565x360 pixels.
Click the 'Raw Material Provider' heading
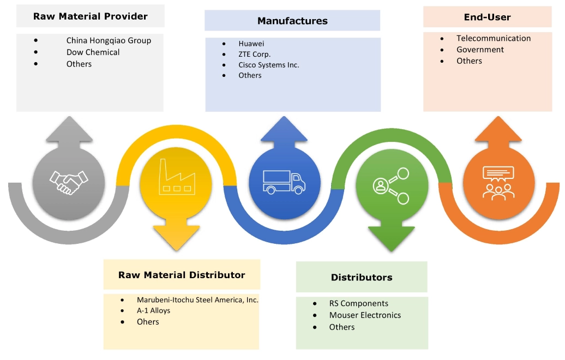point(90,16)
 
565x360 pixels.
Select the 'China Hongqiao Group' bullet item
point(109,40)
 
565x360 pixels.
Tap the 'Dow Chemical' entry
point(93,52)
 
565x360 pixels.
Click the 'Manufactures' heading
point(292,21)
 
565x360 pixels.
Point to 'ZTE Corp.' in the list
point(254,54)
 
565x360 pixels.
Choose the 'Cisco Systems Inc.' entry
point(268,64)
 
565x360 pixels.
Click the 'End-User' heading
point(487,17)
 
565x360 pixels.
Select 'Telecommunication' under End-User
point(494,38)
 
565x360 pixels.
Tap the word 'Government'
point(480,50)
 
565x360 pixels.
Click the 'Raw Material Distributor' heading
point(182,275)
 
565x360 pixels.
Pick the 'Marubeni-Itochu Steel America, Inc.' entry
point(197,299)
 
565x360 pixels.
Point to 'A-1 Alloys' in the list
point(153,310)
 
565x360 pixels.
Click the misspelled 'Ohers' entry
point(148,322)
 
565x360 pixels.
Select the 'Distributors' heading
point(361,278)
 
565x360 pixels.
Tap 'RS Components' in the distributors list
point(358,303)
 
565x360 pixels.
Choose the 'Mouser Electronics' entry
point(365,315)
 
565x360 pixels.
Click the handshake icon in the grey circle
point(68,182)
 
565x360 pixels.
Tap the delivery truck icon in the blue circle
point(284,182)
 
